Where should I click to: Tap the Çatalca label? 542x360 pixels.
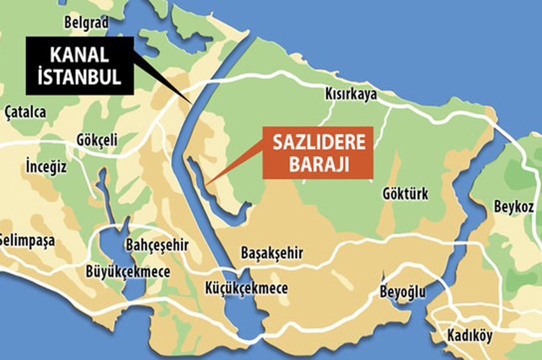(x=24, y=112)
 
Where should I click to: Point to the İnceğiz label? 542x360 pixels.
(x=46, y=167)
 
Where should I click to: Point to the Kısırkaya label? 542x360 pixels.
(x=351, y=94)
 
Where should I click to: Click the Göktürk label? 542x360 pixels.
(x=406, y=194)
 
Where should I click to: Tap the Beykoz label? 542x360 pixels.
(x=512, y=208)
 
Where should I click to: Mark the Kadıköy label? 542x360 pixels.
(x=468, y=335)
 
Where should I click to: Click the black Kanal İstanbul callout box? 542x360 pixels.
(x=80, y=66)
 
